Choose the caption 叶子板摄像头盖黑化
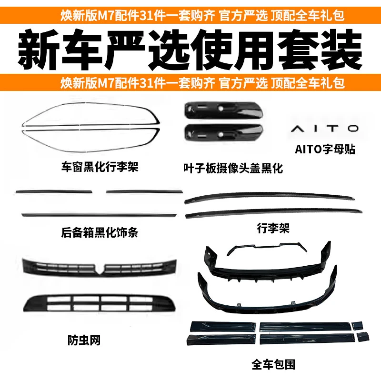click(233, 168)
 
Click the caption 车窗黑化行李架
click(100, 167)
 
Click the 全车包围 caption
click(273, 365)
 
